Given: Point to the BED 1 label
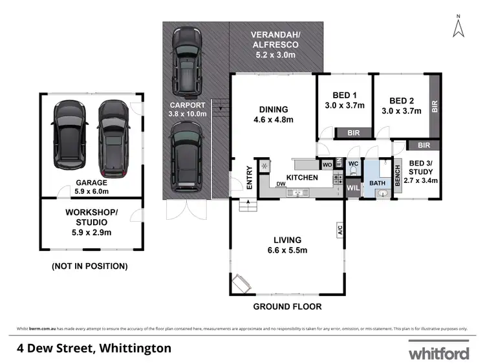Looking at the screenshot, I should (345, 100).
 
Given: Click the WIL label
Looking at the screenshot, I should (352, 188).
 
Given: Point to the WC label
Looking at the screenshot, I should (353, 164).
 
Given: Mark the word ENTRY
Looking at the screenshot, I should (250, 177).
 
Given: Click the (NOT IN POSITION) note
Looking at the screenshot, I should (89, 266).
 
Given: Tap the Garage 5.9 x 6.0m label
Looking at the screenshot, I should (91, 186).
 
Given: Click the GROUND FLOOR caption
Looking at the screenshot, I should (287, 306).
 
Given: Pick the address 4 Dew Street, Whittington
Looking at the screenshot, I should (94, 348).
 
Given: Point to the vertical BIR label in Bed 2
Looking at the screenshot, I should (434, 106).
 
